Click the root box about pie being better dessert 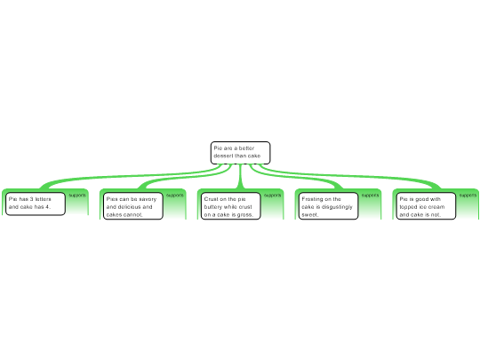(240, 153)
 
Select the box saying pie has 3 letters (36, 204)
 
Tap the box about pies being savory (133, 206)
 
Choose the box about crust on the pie (231, 206)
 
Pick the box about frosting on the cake (329, 206)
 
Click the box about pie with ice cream (426, 206)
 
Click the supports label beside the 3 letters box (77, 196)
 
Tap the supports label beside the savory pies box (175, 196)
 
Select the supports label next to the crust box (273, 196)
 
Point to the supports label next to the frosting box (370, 196)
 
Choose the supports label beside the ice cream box (468, 196)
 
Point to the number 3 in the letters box (31, 199)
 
